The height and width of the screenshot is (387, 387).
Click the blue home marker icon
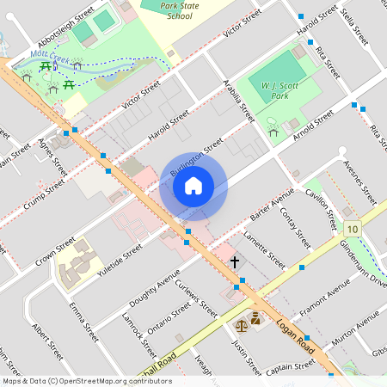coord(193,185)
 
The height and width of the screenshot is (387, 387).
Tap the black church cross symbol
coord(233,261)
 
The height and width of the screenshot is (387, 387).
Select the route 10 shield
coord(352,230)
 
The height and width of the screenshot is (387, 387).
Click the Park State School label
coord(179,9)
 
